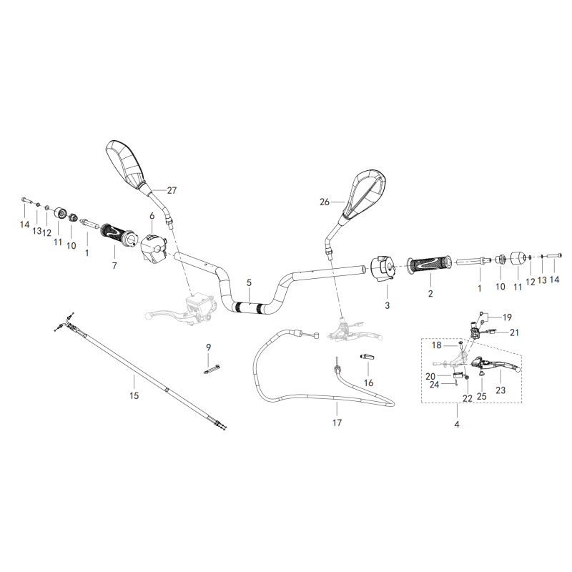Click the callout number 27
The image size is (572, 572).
tap(172, 190)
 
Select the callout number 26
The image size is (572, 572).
tap(325, 202)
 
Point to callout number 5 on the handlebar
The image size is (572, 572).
tap(249, 282)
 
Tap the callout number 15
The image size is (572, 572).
tap(134, 395)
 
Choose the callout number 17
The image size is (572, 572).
tap(337, 423)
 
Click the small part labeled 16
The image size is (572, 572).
tap(368, 357)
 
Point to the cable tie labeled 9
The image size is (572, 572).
tap(212, 369)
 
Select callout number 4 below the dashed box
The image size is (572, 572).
tap(457, 424)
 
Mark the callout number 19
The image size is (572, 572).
tap(507, 317)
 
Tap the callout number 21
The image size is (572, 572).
tap(514, 332)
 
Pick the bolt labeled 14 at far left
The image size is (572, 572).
tap(26, 200)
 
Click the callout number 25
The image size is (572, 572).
tap(481, 396)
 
